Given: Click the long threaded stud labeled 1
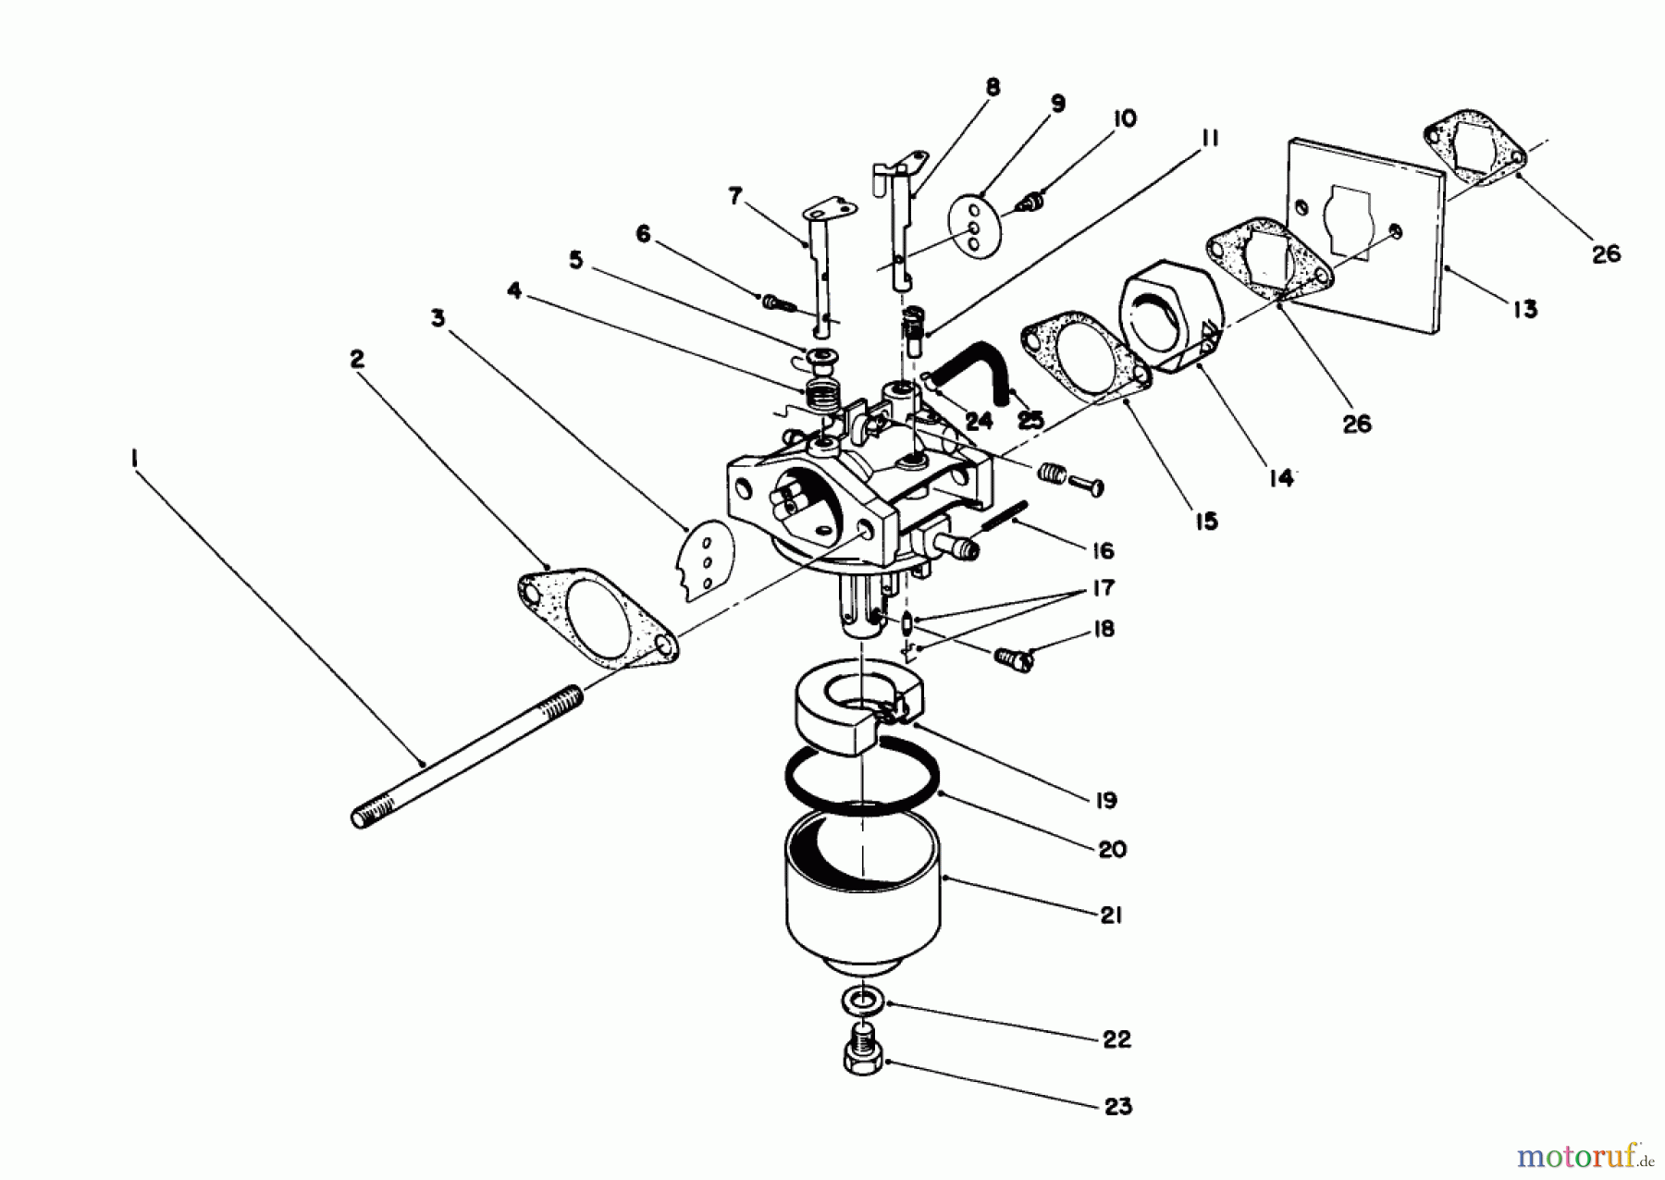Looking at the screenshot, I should point(467,754).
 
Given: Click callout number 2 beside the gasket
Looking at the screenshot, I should point(357,359).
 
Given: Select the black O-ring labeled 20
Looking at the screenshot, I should point(862,781).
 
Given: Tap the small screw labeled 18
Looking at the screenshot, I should point(1014,658).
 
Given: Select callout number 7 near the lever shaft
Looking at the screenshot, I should point(735,196).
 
